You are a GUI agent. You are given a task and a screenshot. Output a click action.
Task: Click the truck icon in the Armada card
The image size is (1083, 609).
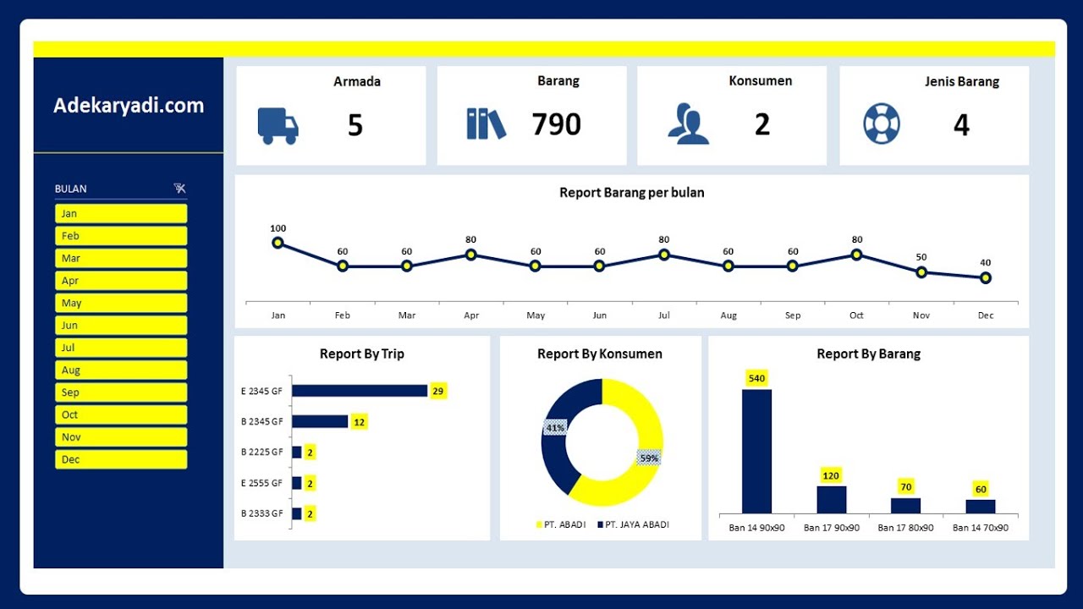[x=278, y=126]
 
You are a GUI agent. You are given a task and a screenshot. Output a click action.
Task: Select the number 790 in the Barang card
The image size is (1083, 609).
[x=556, y=124]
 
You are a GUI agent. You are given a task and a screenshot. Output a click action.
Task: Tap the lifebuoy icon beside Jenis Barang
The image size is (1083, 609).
[x=882, y=123]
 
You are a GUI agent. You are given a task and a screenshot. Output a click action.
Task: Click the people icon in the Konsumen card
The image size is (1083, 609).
[x=688, y=124]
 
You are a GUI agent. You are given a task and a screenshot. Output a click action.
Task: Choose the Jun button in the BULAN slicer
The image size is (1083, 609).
[x=121, y=325]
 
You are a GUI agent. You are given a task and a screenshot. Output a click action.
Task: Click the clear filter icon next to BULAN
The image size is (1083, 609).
[x=179, y=189]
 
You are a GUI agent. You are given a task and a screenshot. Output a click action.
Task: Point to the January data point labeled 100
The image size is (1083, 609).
[x=278, y=243]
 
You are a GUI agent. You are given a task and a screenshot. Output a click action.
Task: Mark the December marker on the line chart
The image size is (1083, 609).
[x=985, y=277]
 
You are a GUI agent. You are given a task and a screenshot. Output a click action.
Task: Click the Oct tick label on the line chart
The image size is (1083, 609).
[x=856, y=315]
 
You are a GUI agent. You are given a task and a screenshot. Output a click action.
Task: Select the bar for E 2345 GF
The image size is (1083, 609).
[x=360, y=391]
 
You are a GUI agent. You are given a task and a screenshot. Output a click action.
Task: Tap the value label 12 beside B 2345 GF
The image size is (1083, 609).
[x=359, y=421]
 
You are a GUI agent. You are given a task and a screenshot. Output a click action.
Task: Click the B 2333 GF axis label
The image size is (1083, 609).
[x=261, y=513]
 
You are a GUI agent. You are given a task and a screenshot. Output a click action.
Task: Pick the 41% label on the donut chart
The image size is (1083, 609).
[x=555, y=428]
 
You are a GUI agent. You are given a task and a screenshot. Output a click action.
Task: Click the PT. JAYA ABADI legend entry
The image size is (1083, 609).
[x=633, y=524]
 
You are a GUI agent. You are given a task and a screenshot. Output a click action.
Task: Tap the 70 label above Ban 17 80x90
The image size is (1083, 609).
[x=906, y=487]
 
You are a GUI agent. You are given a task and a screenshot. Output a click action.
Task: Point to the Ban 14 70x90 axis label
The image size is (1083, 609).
[x=980, y=528]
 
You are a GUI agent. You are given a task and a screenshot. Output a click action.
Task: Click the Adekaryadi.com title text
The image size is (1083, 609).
[x=129, y=106]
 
